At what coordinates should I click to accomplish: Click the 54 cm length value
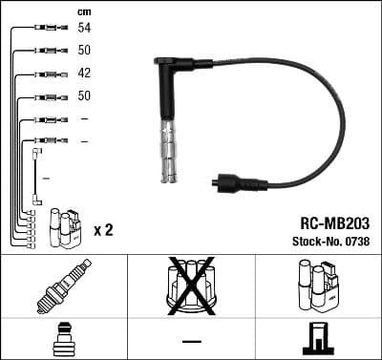point(84,30)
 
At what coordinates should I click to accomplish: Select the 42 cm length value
point(84,74)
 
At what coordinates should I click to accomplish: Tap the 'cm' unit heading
point(83,11)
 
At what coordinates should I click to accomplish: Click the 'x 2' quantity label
point(104,230)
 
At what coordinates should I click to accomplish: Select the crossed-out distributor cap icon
point(191,285)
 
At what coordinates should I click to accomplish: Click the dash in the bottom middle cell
point(191,340)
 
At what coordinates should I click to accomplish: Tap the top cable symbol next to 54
point(47,30)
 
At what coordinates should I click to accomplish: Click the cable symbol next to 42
point(47,74)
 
